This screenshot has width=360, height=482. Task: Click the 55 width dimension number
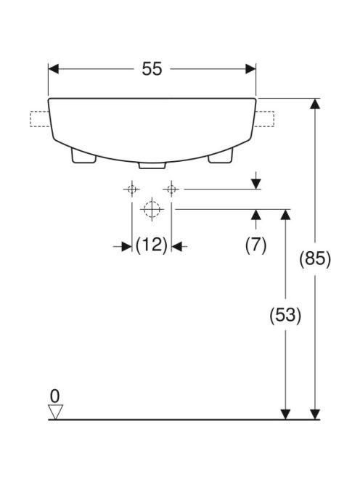pyautogui.click(x=152, y=68)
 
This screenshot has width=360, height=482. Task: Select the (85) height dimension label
pyautogui.click(x=315, y=259)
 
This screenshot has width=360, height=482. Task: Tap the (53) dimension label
pyautogui.click(x=285, y=315)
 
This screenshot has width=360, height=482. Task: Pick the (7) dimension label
pyautogui.click(x=255, y=245)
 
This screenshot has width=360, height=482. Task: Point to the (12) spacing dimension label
pyautogui.click(x=152, y=245)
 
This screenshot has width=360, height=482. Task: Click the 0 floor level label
pyautogui.click(x=54, y=396)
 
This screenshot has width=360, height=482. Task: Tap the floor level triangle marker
pyautogui.click(x=56, y=412)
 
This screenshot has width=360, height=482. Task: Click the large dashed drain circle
pyautogui.click(x=152, y=209)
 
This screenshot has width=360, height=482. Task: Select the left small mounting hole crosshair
pyautogui.click(x=132, y=189)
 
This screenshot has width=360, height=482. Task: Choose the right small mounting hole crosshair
pyautogui.click(x=171, y=189)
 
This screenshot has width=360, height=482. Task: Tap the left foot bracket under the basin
pyautogui.click(x=83, y=156)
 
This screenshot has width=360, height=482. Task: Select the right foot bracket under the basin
pyautogui.click(x=220, y=156)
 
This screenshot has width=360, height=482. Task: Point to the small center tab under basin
pyautogui.click(x=152, y=166)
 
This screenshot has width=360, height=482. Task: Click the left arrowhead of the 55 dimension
pyautogui.click(x=54, y=69)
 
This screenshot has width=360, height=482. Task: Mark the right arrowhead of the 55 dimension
pyautogui.click(x=250, y=69)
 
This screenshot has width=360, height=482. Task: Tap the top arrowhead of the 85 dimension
pyautogui.click(x=315, y=104)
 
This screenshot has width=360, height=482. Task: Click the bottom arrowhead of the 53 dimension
pyautogui.click(x=285, y=414)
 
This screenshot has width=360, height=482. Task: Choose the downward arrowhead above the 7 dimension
pyautogui.click(x=255, y=184)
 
